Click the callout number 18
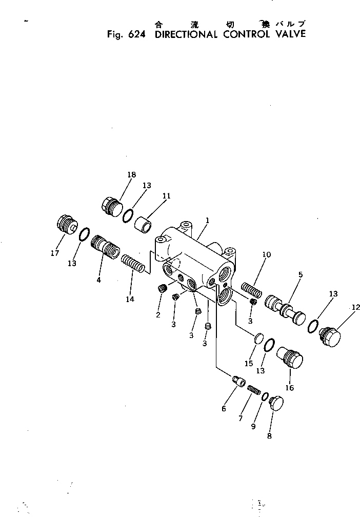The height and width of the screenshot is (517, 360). tap(131, 175)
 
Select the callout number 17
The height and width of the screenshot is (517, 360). tap(54, 253)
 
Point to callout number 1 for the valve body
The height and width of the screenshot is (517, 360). tap(206, 221)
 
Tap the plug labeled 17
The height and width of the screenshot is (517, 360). tap(66, 226)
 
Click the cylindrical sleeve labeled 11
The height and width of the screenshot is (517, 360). tap(145, 224)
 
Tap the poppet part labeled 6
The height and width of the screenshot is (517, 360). tap(238, 382)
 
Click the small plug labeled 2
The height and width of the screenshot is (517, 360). tap(162, 289)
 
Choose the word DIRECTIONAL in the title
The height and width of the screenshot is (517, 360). tap(187, 34)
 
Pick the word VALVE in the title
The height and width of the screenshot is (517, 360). tap(285, 34)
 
